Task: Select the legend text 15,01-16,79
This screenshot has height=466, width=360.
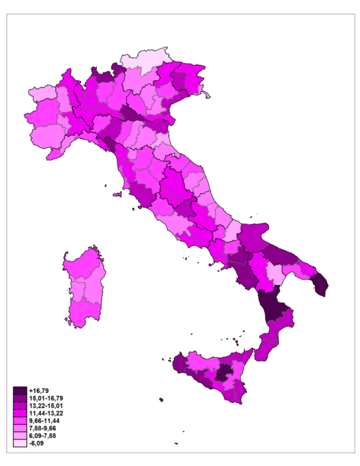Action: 43,398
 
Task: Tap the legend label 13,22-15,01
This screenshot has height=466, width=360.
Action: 43,405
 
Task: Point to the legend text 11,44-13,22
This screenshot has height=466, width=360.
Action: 43,412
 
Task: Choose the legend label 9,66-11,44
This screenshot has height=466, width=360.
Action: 42,420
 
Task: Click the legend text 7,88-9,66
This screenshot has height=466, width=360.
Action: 41,428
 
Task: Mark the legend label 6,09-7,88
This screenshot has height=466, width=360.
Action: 41,436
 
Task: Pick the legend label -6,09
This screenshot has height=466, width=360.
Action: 37,443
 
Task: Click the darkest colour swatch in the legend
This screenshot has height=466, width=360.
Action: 19,391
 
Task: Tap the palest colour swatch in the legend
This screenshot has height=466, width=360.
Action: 19,443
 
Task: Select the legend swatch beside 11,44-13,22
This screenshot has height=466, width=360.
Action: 19,412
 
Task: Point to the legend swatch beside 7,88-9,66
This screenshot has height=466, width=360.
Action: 19,428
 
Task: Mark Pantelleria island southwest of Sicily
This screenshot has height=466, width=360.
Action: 161,399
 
